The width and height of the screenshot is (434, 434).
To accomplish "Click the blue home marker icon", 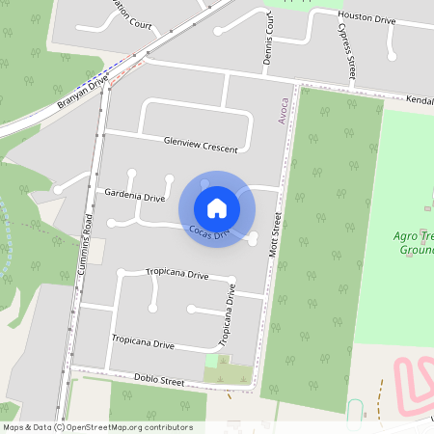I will point(217,207).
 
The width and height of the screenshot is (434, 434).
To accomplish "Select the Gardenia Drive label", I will point(134,196).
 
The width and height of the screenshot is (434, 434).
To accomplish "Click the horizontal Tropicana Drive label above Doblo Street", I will point(143,341).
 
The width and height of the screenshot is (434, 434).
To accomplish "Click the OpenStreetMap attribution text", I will point(97,427).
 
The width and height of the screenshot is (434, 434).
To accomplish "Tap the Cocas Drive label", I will point(209,232).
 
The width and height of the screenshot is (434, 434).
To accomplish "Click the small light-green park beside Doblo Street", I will point(211,361).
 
